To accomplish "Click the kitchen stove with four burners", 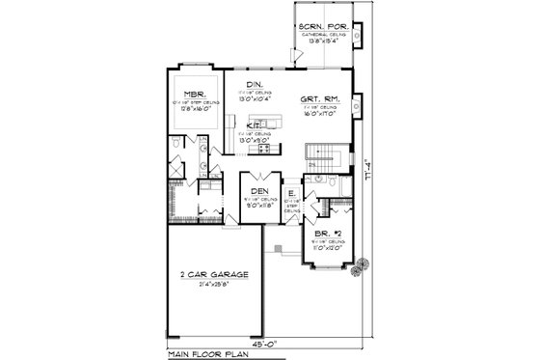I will coord(258,148).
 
